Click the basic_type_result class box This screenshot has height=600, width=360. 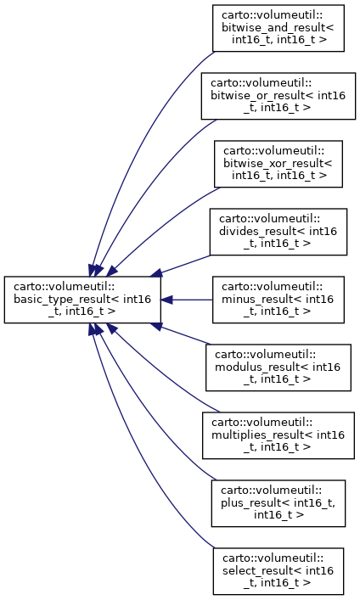pyautogui.click(x=82, y=300)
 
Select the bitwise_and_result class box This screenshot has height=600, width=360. pyautogui.click(x=278, y=28)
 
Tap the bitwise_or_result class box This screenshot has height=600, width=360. pyautogui.click(x=278, y=96)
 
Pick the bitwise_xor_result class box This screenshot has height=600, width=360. pyautogui.click(x=278, y=164)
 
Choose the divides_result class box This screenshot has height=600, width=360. pyautogui.click(x=278, y=232)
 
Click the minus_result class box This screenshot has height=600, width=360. pyautogui.click(x=278, y=300)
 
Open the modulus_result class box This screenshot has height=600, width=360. pyautogui.click(x=278, y=367)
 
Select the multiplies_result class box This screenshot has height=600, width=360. pyautogui.click(x=278, y=435)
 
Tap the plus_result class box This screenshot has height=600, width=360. pyautogui.click(x=278, y=503)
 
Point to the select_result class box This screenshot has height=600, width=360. pyautogui.click(x=278, y=571)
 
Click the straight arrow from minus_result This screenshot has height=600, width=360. pyautogui.click(x=187, y=300)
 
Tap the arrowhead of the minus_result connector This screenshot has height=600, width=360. pyautogui.click(x=166, y=300)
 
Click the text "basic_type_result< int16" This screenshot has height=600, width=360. pyautogui.click(x=82, y=300)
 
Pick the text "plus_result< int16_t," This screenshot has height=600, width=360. pyautogui.click(x=278, y=502)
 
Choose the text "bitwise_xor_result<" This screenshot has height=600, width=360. pyautogui.click(x=278, y=164)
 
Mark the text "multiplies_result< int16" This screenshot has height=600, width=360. pyautogui.click(x=278, y=435)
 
